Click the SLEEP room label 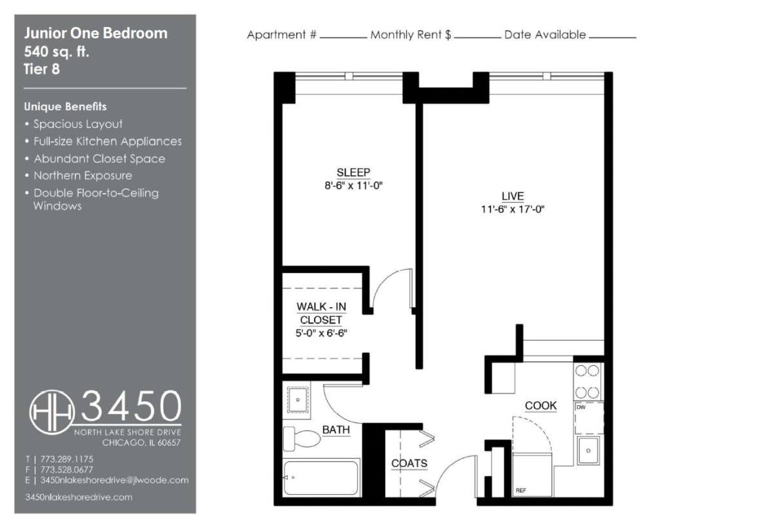353,172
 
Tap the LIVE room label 512,196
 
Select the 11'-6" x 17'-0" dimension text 512,210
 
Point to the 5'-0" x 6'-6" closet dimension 321,333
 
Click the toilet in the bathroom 302,439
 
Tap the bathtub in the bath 321,478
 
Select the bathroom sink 298,400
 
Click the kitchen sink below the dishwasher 588,450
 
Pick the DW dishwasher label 581,407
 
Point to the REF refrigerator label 521,490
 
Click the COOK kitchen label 541,405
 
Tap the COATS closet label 409,463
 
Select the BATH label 336,430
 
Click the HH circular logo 52,412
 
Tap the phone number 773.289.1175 66,459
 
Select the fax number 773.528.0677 66,470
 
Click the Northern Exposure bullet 83,175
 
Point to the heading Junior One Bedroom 95,34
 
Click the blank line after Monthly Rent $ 477,37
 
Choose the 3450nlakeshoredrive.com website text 79,497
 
